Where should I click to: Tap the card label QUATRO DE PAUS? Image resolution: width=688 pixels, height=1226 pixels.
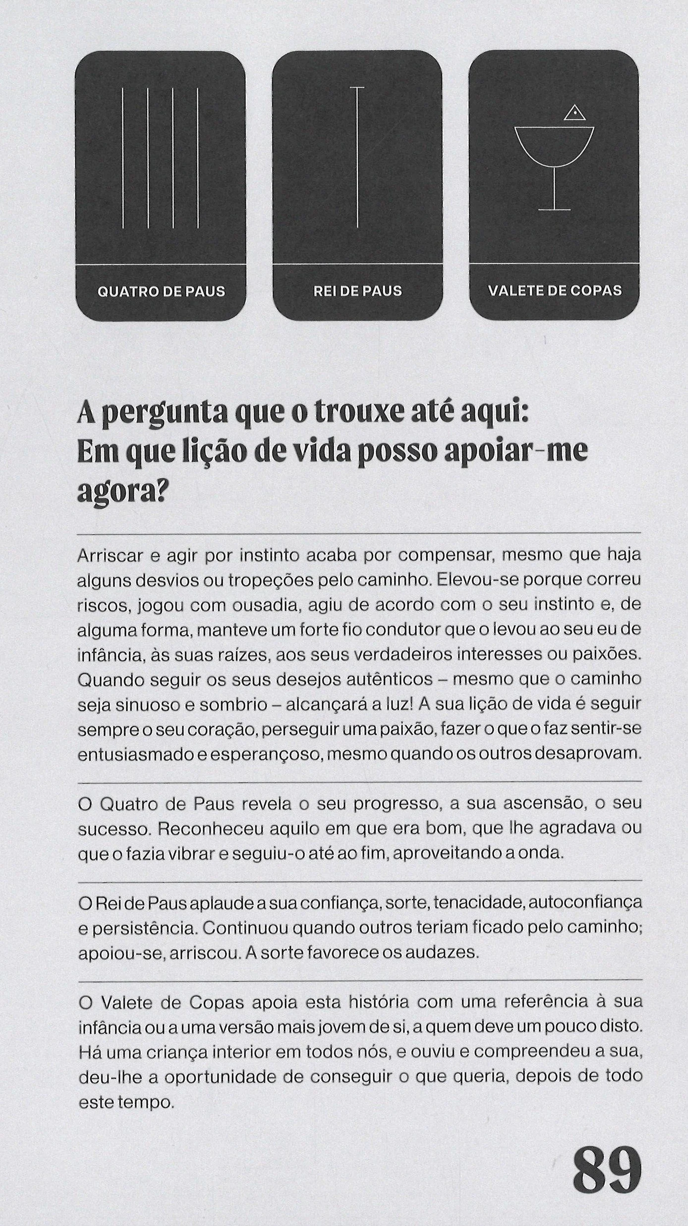[161, 291]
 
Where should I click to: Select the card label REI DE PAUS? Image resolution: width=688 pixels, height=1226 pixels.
[357, 291]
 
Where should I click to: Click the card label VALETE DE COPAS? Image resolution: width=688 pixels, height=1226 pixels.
[554, 291]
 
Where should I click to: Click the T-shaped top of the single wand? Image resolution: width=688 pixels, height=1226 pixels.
[357, 88]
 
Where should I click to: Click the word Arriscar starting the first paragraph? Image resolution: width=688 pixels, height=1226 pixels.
[110, 556]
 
